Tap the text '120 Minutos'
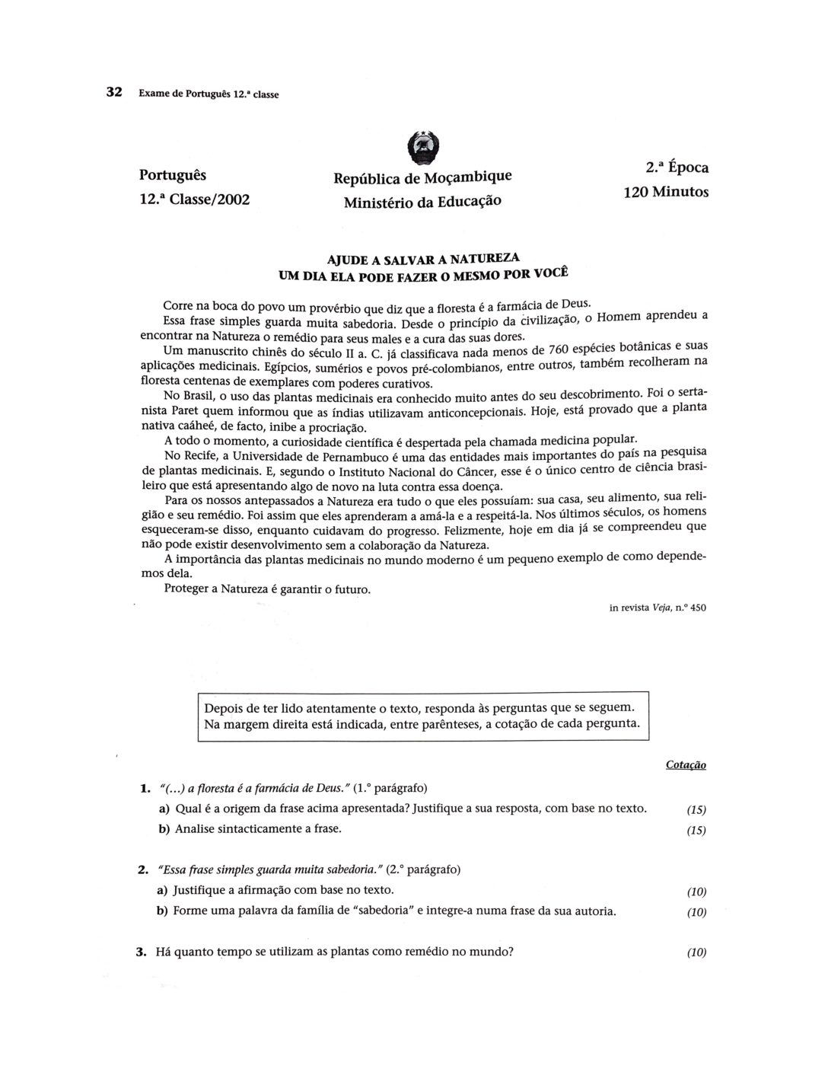tap(666, 192)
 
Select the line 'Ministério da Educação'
tap(423, 203)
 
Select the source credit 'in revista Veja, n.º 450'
tap(658, 608)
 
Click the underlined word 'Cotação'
tap(686, 764)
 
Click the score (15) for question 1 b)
tap(696, 831)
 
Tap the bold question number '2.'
tap(142, 869)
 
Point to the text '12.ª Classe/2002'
tap(195, 199)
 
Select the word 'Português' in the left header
tap(173, 174)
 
